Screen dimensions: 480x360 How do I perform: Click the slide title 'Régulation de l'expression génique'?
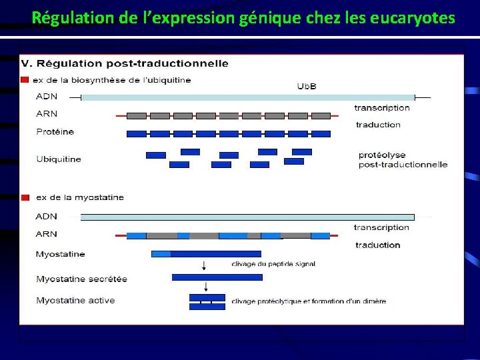tap(243, 17)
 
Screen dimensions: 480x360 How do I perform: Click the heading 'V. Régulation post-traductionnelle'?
tap(125, 64)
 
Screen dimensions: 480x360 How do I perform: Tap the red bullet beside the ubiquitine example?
tap(25, 80)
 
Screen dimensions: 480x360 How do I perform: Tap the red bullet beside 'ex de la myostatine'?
tap(25, 197)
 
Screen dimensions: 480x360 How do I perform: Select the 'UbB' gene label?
tap(306, 86)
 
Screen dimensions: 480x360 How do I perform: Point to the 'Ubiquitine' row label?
tap(59, 159)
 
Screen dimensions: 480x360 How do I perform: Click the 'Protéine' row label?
tap(55, 132)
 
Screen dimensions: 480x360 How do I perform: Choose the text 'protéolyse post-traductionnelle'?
tap(403, 160)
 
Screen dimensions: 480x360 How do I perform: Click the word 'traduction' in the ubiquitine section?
tap(378, 125)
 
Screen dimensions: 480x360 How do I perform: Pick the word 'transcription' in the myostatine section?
tap(381, 227)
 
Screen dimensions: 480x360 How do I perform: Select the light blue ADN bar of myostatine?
tap(247, 217)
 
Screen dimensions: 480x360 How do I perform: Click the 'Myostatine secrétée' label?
tap(81, 279)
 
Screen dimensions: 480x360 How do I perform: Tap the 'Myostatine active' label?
tap(75, 301)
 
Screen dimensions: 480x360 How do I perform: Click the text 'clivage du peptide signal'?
tap(273, 264)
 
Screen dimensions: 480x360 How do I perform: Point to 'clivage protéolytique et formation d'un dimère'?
tap(309, 301)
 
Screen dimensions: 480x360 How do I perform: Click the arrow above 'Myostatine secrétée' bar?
tap(203, 265)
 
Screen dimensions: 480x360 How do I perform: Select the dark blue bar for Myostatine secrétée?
tap(207, 277)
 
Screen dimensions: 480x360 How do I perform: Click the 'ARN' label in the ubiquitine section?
tap(47, 114)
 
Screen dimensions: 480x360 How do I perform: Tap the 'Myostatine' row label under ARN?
tap(61, 254)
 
